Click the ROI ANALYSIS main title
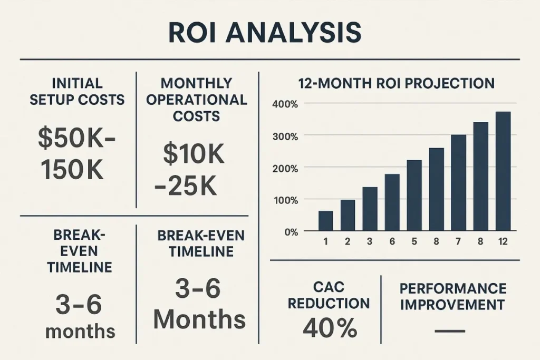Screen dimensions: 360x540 click(265, 33)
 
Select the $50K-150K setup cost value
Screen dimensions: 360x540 click(77, 153)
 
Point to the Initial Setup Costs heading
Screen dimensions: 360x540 click(77, 91)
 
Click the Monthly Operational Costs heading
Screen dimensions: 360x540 click(196, 100)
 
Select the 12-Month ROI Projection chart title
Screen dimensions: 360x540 click(396, 83)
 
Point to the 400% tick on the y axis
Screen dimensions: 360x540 click(285, 103)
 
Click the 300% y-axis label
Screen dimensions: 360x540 click(285, 135)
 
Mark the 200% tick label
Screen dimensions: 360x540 click(285, 168)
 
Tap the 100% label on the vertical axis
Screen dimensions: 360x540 click(285, 200)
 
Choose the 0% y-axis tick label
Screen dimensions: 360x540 click(291, 232)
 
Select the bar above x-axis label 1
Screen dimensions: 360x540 click(325, 221)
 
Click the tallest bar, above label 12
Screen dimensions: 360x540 click(503, 171)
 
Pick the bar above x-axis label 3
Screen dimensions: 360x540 click(370, 209)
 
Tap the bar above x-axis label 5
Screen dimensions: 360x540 click(414, 195)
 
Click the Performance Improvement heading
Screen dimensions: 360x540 click(452, 296)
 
